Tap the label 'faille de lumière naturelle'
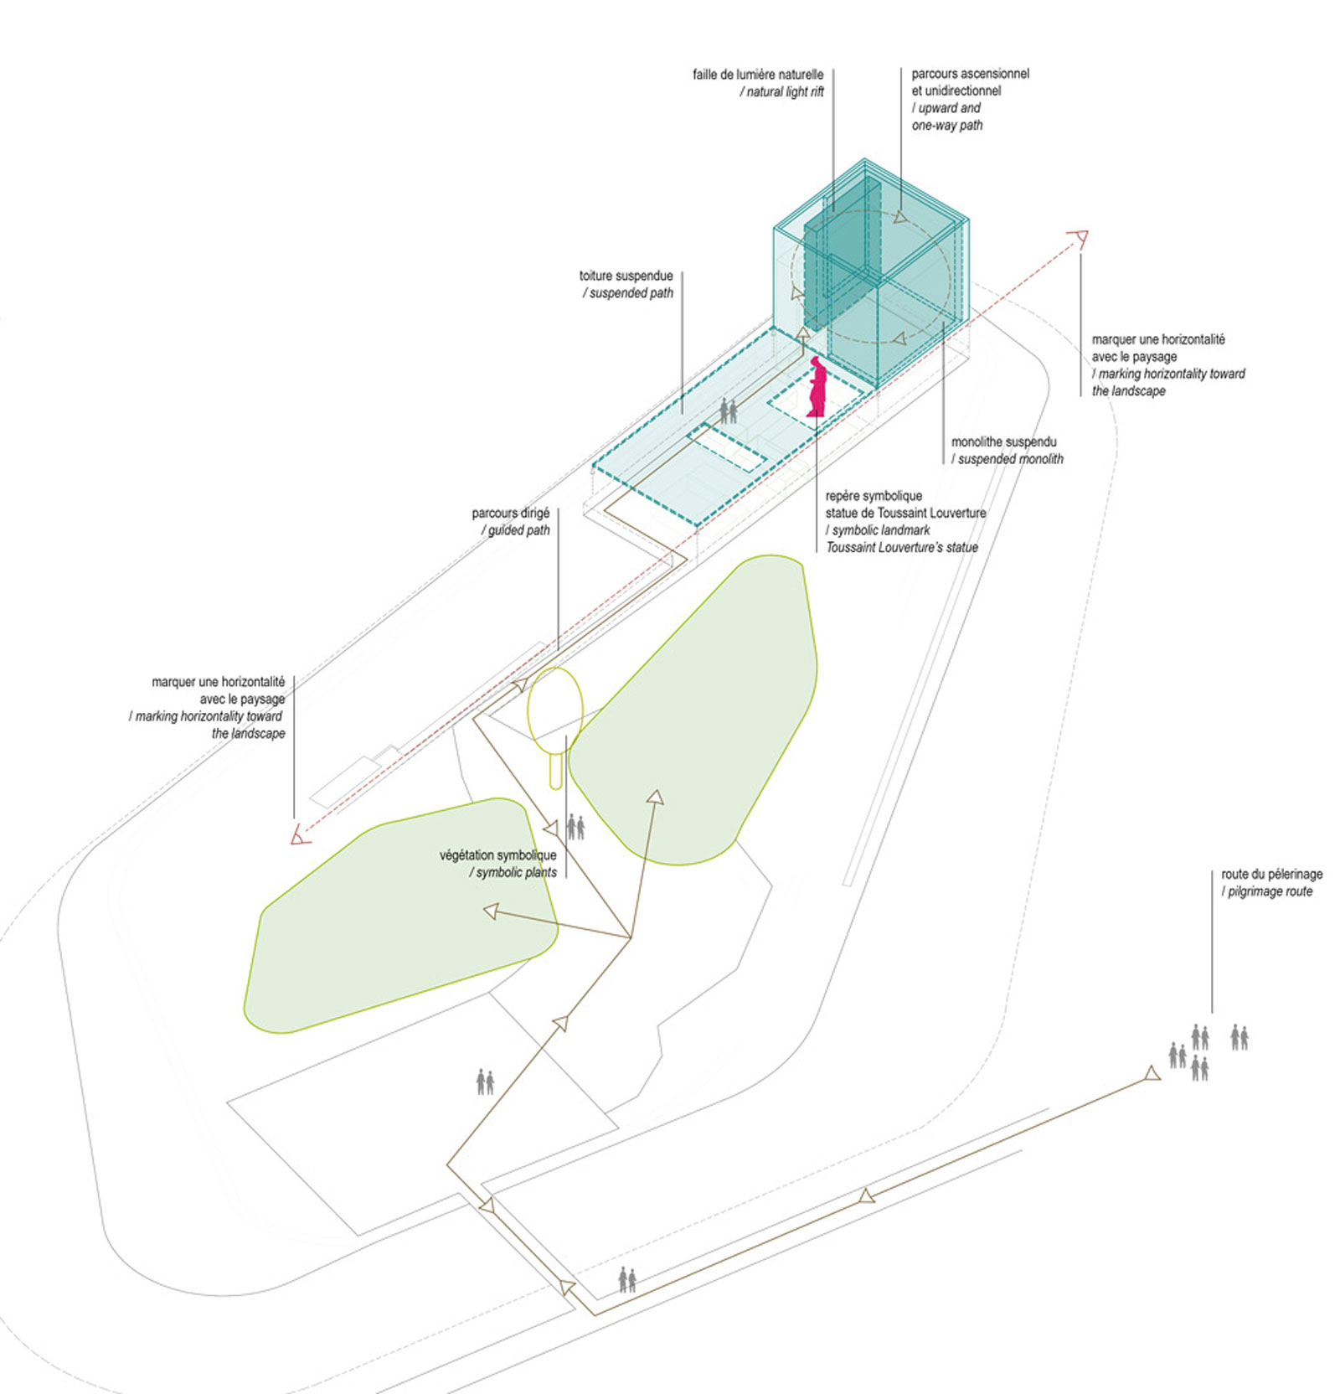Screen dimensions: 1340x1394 coord(758,75)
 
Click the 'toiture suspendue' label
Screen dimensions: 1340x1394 coord(626,276)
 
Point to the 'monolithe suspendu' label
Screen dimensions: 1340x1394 coord(1004,441)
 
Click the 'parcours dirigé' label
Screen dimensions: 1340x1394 coord(511,513)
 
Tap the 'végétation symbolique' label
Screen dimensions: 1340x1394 coord(498,855)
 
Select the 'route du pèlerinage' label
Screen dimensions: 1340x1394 coord(1272,874)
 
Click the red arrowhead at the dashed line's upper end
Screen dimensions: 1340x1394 coord(1080,239)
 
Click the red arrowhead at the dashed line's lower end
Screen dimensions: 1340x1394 coord(300,834)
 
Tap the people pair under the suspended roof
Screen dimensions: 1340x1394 coord(729,411)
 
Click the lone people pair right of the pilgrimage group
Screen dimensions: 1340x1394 coord(1239,1037)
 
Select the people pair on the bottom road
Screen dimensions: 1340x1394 coord(627,1280)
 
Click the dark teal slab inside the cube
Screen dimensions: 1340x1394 coord(842,254)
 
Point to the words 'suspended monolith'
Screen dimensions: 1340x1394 coord(1011,459)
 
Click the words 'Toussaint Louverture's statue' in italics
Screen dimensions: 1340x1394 coord(902,547)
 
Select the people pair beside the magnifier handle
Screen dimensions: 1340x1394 coord(575,828)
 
